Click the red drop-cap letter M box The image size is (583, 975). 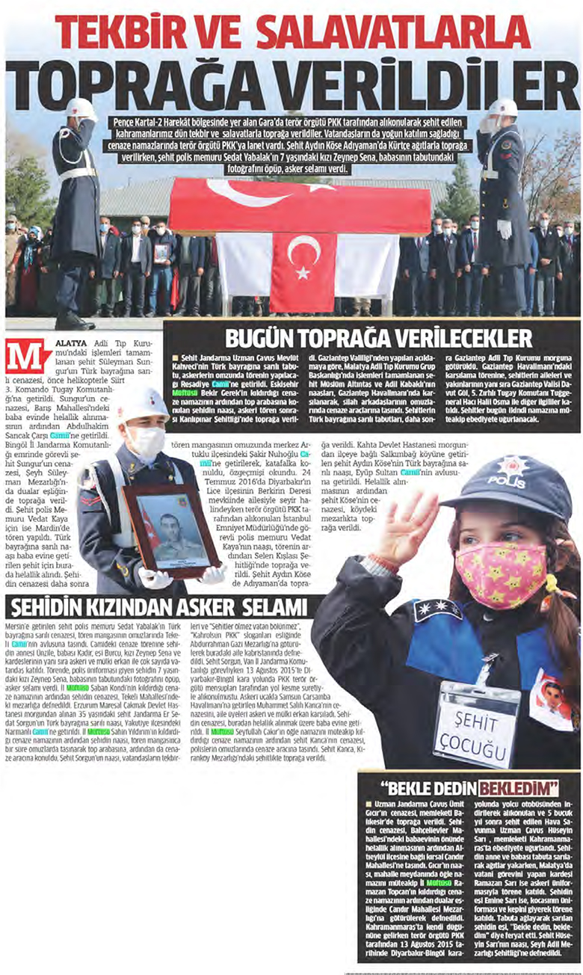[x=28, y=356]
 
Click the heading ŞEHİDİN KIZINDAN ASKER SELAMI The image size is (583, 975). [x=155, y=606]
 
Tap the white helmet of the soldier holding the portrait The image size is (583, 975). [x=141, y=405]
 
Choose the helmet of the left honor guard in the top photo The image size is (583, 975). [x=80, y=109]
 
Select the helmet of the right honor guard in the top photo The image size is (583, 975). [x=503, y=108]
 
